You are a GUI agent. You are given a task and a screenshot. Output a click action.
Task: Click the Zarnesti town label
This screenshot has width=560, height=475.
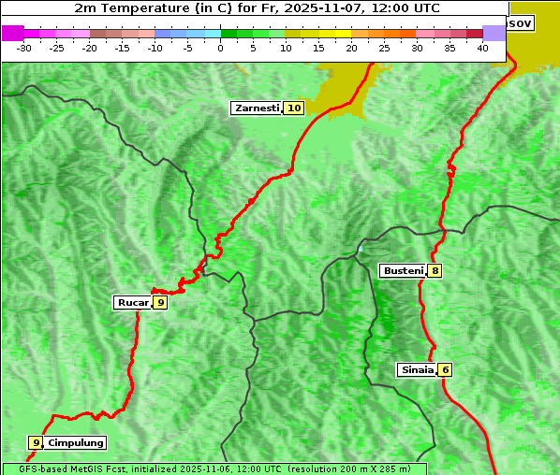257,108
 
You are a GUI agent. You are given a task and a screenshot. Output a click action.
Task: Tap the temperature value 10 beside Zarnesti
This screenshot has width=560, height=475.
294,108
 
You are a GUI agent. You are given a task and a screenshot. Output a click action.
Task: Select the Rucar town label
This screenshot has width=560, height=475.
133,302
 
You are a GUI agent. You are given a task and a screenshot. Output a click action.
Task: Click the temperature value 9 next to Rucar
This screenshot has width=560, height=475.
160,302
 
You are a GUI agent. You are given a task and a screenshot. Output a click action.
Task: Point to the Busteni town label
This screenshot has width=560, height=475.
403,271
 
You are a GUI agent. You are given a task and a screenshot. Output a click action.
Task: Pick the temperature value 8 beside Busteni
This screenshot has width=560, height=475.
435,271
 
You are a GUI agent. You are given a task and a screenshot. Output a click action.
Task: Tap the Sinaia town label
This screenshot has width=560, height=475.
417,369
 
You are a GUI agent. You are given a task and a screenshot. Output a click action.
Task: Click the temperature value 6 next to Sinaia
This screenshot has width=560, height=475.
446,369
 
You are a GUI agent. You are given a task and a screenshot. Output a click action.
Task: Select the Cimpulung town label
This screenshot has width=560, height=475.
76,442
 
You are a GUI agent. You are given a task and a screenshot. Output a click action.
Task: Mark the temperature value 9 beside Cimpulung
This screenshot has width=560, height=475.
36,442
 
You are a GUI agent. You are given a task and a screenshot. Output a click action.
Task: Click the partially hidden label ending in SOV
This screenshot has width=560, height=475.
520,22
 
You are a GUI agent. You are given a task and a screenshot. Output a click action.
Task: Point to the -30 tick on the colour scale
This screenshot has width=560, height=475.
24,47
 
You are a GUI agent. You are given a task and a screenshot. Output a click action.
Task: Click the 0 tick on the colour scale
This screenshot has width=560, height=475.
221,47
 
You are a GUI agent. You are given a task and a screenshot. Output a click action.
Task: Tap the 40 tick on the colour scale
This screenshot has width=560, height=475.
482,47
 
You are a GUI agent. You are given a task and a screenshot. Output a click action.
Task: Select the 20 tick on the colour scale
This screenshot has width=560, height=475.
351,47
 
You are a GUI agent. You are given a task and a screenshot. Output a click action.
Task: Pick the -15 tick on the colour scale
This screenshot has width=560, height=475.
122,47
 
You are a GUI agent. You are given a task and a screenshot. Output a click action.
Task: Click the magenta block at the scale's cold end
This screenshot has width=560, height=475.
13,33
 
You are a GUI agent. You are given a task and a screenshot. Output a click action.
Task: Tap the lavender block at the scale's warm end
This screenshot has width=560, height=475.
494,33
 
